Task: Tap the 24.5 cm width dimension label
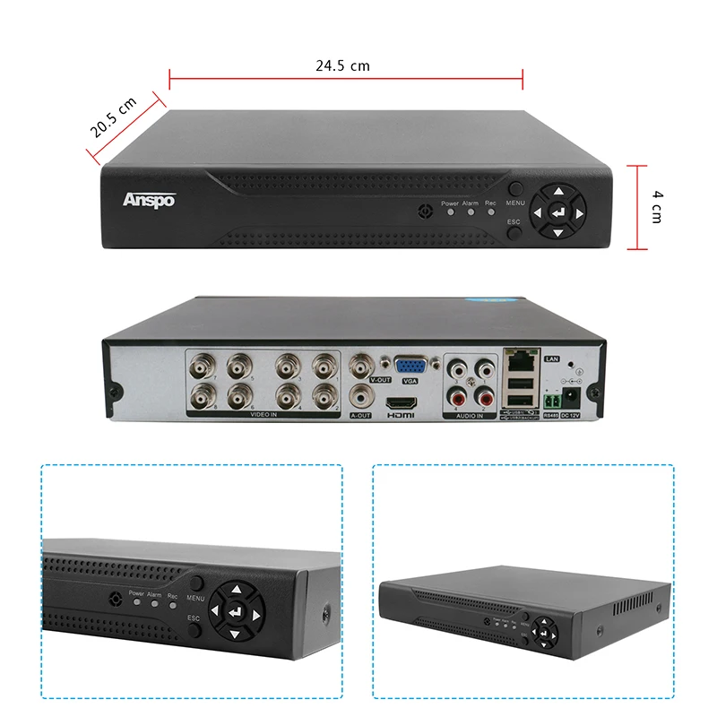(342, 65)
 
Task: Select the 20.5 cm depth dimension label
(114, 117)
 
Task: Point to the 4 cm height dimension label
(657, 206)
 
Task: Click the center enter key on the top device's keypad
(557, 213)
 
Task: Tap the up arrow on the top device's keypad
(557, 191)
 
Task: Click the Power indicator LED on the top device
(450, 213)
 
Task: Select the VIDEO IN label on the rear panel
(263, 416)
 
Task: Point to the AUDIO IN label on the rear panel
(469, 416)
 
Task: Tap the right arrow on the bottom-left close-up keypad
(256, 617)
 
